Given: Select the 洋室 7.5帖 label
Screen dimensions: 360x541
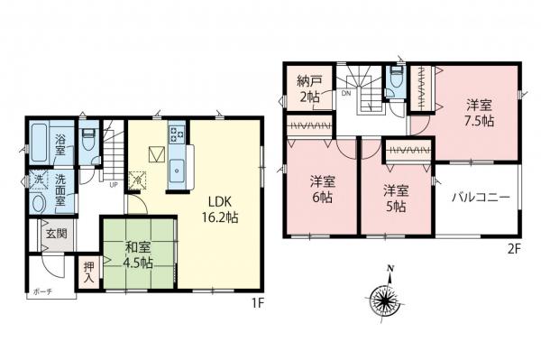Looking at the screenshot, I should [478, 111].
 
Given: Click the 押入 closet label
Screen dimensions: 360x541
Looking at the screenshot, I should [89, 272].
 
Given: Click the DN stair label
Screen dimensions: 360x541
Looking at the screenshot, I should [347, 92].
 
